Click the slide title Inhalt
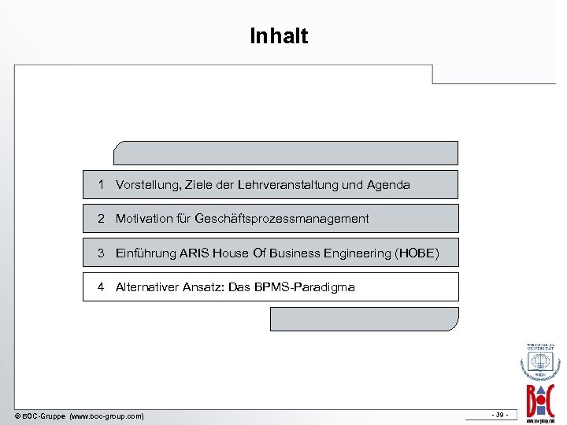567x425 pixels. coord(279,36)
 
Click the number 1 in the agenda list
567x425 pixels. coord(102,185)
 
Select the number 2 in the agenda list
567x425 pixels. coord(102,219)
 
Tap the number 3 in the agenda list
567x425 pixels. coord(102,253)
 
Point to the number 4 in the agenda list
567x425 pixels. coord(102,287)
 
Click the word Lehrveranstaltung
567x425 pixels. coord(293,185)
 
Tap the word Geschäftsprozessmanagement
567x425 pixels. coord(281,219)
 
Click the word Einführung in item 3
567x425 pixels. coord(145,253)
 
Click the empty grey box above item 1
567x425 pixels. coord(285,153)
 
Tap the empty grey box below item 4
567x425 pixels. coord(364,319)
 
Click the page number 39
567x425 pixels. coord(498,415)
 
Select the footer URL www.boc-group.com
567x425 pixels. coord(106,416)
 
